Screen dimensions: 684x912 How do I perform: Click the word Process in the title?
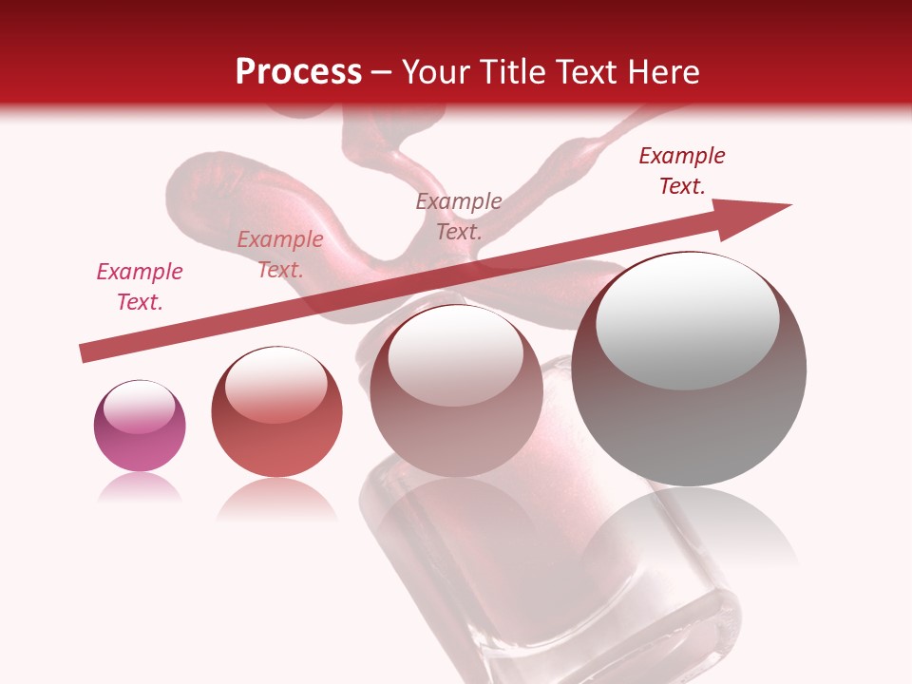tap(298, 71)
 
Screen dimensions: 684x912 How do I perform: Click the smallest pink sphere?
tap(140, 427)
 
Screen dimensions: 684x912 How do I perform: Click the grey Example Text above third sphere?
tap(459, 216)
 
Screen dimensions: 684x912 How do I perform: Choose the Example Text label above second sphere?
tap(280, 255)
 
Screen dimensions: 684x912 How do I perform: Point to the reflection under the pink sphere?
tap(140, 488)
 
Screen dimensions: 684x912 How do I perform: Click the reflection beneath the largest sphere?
tap(689, 532)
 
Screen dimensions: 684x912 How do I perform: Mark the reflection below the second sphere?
tap(276, 501)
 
